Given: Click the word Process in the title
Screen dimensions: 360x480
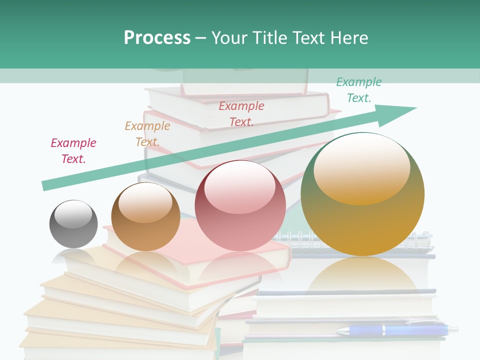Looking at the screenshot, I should (x=157, y=37).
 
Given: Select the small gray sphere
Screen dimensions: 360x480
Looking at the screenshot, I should (x=73, y=224).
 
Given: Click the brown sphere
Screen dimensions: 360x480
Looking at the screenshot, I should (x=145, y=217).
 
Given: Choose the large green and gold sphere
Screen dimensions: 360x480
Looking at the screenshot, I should (x=362, y=194).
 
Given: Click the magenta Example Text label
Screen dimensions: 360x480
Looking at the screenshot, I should (x=73, y=151).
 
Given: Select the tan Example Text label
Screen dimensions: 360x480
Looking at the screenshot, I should (x=147, y=134).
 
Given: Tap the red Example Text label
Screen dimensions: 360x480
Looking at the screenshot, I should (x=241, y=113).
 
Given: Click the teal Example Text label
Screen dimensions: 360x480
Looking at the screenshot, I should (x=359, y=90).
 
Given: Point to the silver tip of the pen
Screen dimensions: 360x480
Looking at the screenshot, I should (x=452, y=329).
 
